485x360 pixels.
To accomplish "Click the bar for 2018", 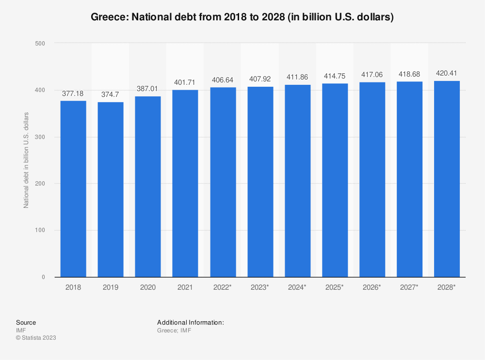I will (x=73, y=189).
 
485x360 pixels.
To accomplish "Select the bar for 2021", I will (x=185, y=183).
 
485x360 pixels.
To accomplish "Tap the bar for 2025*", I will (x=335, y=180).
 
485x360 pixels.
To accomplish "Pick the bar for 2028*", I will (x=447, y=179).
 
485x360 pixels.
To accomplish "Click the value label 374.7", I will (x=111, y=94).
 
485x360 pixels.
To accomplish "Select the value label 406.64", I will (x=223, y=79).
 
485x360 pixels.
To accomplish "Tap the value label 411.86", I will (x=297, y=77).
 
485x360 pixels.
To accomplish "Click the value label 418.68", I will (x=409, y=74).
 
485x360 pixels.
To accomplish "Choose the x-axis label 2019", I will (x=111, y=287).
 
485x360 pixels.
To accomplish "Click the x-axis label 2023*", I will (x=260, y=287).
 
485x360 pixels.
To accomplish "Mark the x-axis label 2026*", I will (x=372, y=287).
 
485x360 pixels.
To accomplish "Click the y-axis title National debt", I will (x=27, y=160).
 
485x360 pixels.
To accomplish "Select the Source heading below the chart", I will (x=26, y=323).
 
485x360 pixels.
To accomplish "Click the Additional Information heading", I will (x=190, y=323).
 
